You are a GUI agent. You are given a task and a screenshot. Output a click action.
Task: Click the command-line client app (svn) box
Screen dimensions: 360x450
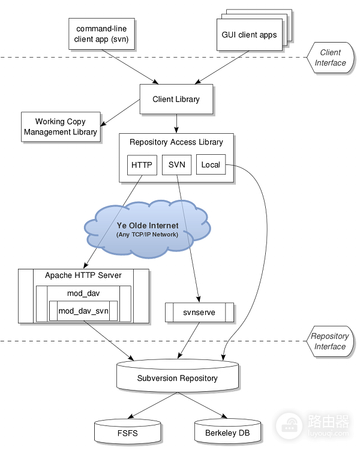(101, 34)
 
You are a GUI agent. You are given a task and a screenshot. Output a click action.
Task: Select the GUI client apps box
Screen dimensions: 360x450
(250, 35)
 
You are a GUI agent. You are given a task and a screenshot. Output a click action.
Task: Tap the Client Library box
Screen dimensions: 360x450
(176, 99)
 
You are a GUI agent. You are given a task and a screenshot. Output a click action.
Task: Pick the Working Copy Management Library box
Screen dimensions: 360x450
(61, 127)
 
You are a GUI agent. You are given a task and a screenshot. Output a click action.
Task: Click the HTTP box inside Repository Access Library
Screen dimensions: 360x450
(142, 165)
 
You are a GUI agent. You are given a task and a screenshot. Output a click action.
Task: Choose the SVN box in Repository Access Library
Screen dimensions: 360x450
(176, 165)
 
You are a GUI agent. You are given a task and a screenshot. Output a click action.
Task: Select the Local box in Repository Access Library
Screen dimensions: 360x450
(211, 164)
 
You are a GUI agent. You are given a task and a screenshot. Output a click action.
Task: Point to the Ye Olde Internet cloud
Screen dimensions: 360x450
(147, 229)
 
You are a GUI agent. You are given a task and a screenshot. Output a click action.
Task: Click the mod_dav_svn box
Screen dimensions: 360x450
(83, 311)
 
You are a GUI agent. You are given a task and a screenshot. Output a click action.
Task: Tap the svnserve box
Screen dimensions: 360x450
(199, 312)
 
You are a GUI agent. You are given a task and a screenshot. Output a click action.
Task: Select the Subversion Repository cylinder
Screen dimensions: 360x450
(178, 376)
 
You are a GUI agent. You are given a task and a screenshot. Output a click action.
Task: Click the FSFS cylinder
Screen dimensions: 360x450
(127, 431)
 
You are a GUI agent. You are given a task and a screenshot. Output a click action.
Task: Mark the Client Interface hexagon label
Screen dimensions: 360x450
(330, 58)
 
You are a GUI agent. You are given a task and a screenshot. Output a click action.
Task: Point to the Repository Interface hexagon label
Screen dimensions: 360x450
(330, 341)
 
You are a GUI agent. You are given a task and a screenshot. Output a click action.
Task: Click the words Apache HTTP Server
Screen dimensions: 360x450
(83, 275)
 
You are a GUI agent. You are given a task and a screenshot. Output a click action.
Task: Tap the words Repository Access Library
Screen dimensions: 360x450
(176, 142)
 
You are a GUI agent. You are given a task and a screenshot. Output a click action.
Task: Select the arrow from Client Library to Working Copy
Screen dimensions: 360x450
(120, 113)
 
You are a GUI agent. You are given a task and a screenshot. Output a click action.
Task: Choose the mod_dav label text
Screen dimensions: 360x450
(83, 293)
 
